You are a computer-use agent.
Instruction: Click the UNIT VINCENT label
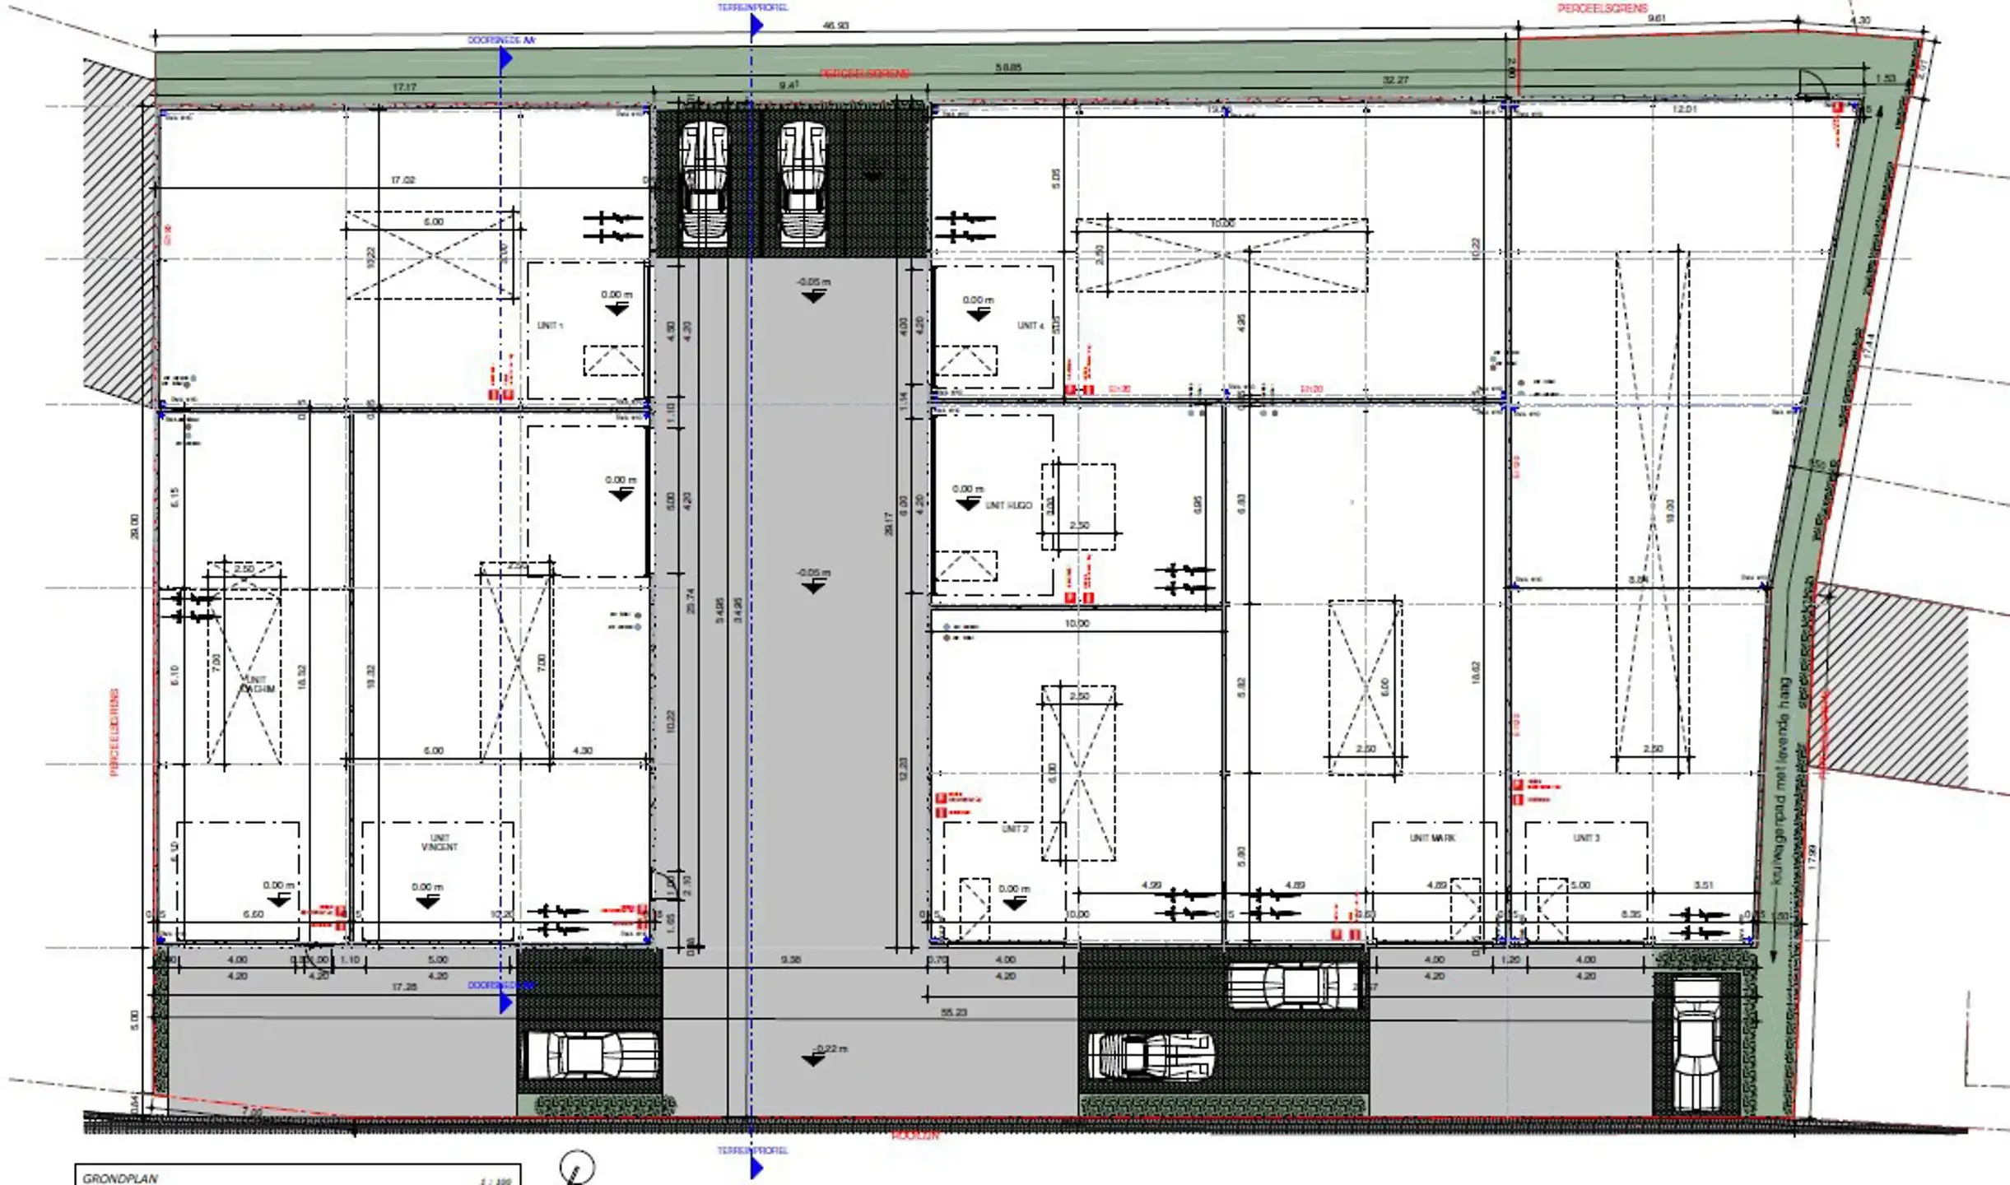[x=439, y=842]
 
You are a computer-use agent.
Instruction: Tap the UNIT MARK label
[x=1433, y=838]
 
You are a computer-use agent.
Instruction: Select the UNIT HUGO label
[x=1008, y=505]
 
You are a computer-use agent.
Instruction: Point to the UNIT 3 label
[x=1586, y=838]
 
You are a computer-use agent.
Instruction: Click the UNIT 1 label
[x=550, y=326]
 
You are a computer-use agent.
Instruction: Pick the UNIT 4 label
[x=1030, y=326]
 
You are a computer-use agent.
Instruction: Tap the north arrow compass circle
[x=577, y=1167]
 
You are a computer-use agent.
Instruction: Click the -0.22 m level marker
[x=831, y=1048]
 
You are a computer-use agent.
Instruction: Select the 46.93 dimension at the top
[x=835, y=26]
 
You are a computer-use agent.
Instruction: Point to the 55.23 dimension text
[x=953, y=1012]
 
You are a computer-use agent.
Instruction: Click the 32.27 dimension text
[x=1395, y=80]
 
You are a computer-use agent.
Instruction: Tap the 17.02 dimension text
[x=402, y=179]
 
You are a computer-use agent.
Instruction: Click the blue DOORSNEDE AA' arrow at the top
[x=505, y=58]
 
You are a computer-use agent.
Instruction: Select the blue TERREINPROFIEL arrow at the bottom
[x=756, y=1167]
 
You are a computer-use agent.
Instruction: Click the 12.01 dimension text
[x=1684, y=109]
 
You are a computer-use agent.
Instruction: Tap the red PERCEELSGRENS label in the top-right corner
[x=1602, y=8]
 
